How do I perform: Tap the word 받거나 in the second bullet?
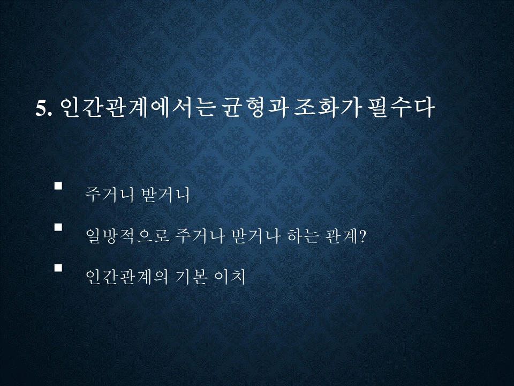(254, 235)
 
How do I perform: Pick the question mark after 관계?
(362, 235)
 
